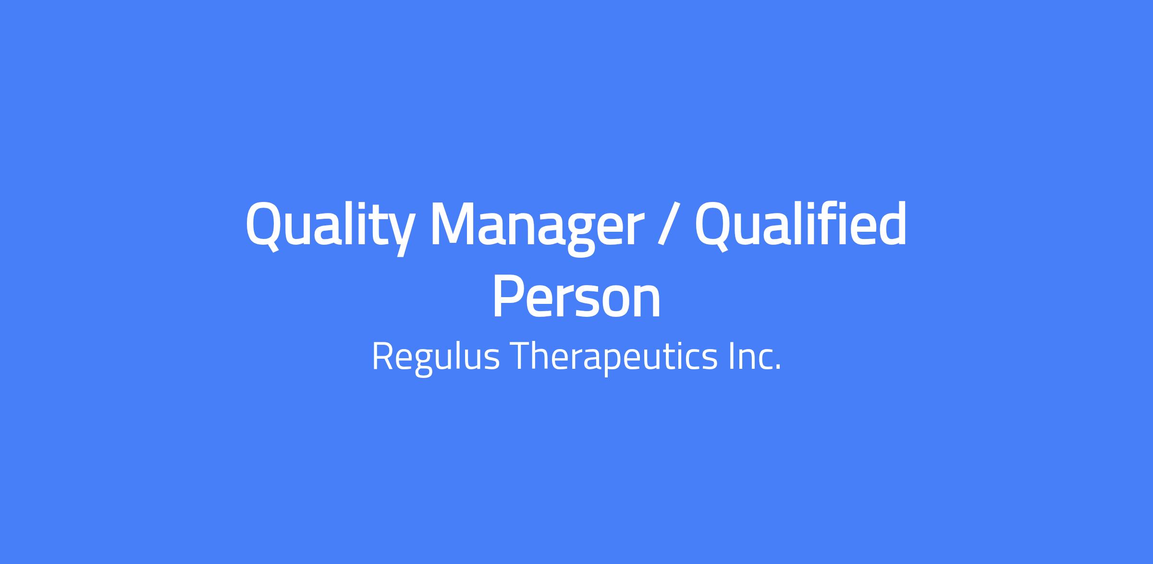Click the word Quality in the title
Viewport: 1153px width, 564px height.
tap(330, 226)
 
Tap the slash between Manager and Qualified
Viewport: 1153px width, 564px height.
tap(669, 224)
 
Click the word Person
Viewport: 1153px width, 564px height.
tap(576, 297)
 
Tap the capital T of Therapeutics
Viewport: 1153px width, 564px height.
tap(520, 356)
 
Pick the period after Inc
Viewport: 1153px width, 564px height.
tap(778, 368)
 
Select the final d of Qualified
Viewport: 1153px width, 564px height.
tap(890, 222)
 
